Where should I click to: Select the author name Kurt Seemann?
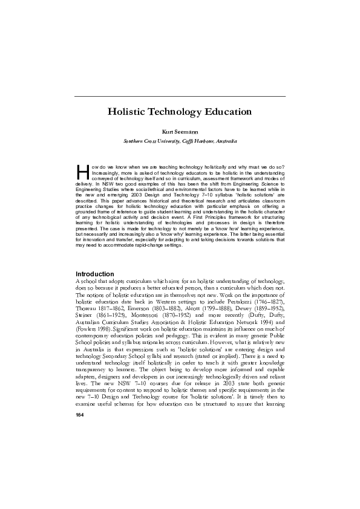pos(180,131)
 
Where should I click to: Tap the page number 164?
pos(79,416)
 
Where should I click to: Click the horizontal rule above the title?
pos(180,96)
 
